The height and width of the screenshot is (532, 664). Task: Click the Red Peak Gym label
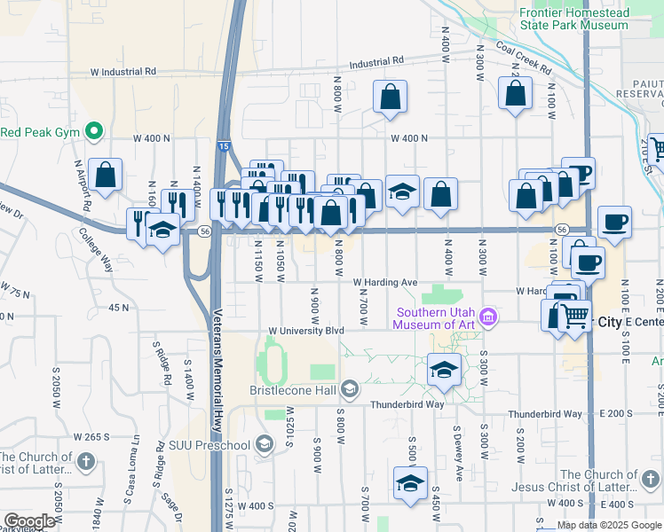(40, 133)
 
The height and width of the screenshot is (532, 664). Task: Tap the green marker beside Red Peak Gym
(92, 133)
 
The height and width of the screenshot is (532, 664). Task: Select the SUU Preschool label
(213, 443)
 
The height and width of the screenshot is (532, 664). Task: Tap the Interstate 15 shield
(222, 145)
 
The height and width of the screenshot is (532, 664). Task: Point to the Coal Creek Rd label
(524, 59)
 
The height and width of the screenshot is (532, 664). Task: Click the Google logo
(29, 521)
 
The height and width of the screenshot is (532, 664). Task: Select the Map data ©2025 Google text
(610, 526)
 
